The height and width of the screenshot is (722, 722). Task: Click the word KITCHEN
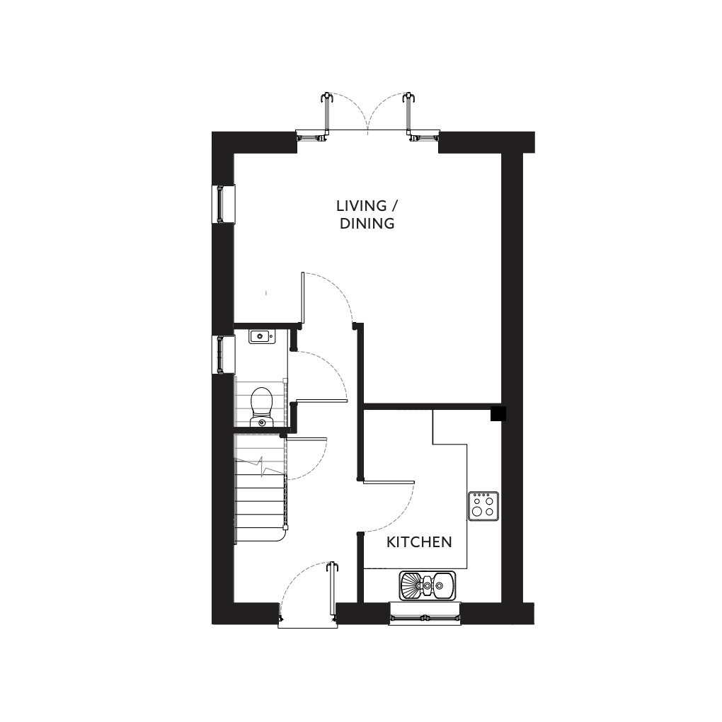pyautogui.click(x=419, y=542)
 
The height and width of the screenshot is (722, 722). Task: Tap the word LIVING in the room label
pyautogui.click(x=362, y=205)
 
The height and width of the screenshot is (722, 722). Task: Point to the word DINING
pyautogui.click(x=367, y=223)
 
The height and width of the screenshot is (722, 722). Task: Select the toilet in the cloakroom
pyautogui.click(x=261, y=407)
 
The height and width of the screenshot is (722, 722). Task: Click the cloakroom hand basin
pyautogui.click(x=262, y=337)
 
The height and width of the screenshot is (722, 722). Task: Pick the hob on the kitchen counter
pyautogui.click(x=483, y=506)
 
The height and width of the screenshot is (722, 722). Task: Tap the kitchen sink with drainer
pyautogui.click(x=428, y=585)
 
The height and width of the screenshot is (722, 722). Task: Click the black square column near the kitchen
pyautogui.click(x=498, y=413)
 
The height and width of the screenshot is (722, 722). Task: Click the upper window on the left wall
pyautogui.click(x=223, y=204)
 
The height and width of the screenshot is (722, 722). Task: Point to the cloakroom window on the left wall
pyautogui.click(x=223, y=354)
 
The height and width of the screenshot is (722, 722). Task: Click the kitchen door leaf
pyautogui.click(x=389, y=482)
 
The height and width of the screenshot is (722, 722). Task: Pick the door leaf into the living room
pyautogui.click(x=303, y=297)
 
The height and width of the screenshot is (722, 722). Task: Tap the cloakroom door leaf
pyautogui.click(x=321, y=401)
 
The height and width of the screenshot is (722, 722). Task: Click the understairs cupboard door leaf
pyautogui.click(x=306, y=439)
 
